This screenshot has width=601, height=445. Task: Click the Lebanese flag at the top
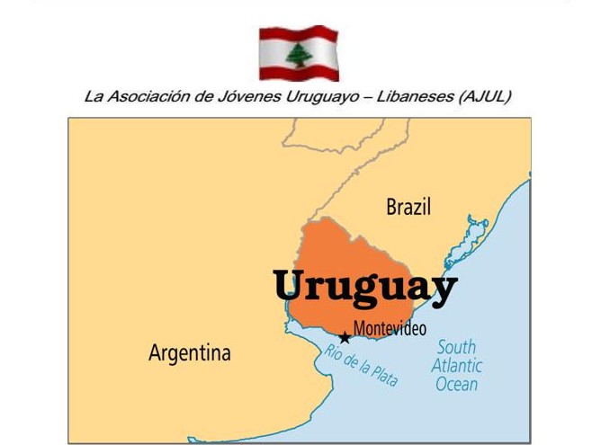[x=299, y=53]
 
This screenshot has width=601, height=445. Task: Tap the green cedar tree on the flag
[x=299, y=54]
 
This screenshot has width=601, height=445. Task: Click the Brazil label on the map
[x=408, y=207]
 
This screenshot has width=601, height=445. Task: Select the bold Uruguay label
[x=365, y=286]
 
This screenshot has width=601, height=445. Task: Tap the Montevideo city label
[x=390, y=328]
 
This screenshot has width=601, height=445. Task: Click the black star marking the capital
[x=345, y=338]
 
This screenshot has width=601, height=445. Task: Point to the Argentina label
[x=189, y=352]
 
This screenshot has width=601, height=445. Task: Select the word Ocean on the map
[x=457, y=384]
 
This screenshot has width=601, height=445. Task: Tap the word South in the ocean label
[x=456, y=347]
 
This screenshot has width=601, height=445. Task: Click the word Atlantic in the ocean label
[x=456, y=365]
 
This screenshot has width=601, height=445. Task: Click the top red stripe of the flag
[x=299, y=34]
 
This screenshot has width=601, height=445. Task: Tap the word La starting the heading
[x=93, y=96]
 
